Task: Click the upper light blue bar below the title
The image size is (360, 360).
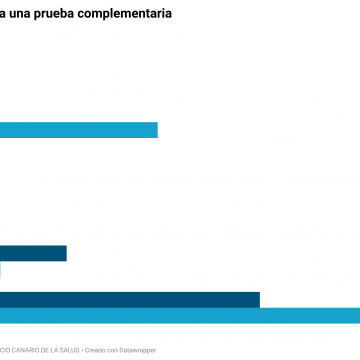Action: (x=78, y=130)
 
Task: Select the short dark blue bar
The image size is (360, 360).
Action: (x=33, y=254)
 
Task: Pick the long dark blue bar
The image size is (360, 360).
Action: (x=130, y=300)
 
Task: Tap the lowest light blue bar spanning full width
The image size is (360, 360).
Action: (x=180, y=316)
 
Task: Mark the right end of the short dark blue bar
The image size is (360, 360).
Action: (x=65, y=254)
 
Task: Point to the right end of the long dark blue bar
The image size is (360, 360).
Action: (x=258, y=300)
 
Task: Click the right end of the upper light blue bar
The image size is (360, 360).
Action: (x=156, y=130)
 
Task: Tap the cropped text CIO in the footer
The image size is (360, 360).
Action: (x=5, y=348)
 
